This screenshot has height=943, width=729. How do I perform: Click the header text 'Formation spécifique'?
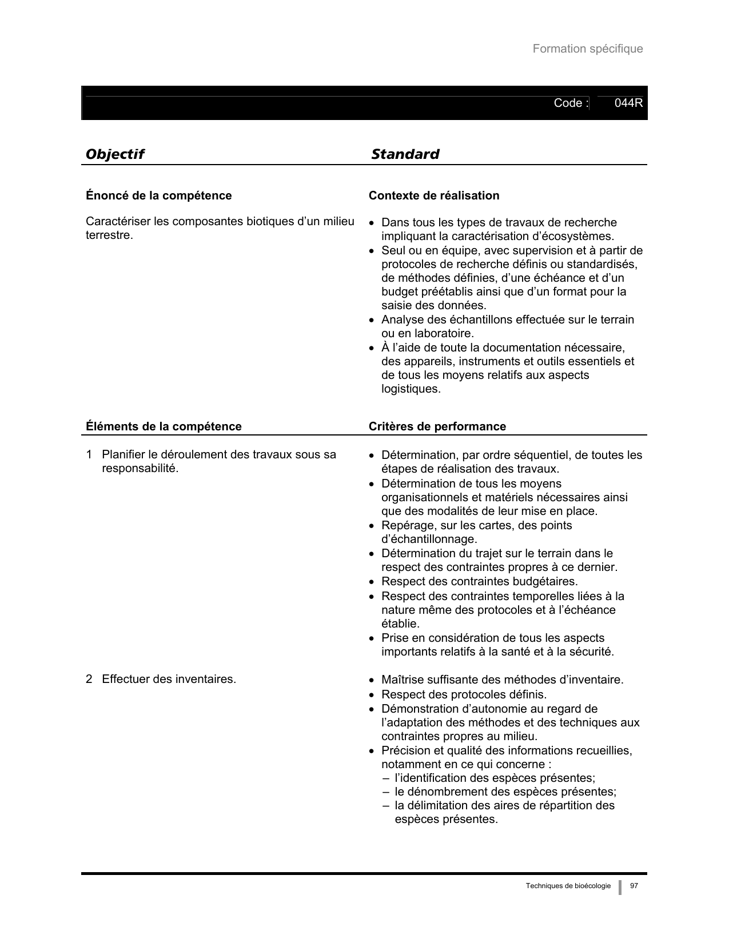(x=587, y=49)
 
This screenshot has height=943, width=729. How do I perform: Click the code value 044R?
(x=628, y=103)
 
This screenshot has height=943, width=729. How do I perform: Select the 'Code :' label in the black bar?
(x=571, y=103)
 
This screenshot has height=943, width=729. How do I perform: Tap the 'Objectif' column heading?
(x=114, y=154)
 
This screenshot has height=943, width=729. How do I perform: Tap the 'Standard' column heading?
(x=405, y=154)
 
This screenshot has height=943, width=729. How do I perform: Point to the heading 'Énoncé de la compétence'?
(x=158, y=196)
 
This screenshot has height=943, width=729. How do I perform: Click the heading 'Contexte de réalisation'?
(x=433, y=196)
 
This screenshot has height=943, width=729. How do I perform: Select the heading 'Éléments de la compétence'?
(x=164, y=426)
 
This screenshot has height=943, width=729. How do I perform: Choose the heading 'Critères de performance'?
(x=437, y=426)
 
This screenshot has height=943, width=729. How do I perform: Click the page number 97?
(x=634, y=886)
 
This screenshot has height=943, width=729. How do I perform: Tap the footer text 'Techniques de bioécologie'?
(x=568, y=886)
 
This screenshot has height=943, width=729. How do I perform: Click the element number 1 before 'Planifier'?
(x=89, y=455)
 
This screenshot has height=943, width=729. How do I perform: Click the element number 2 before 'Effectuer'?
(x=89, y=680)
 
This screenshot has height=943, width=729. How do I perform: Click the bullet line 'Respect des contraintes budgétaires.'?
(x=479, y=582)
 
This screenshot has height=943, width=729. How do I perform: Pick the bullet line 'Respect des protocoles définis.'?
(x=464, y=694)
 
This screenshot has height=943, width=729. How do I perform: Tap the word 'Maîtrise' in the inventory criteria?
(x=404, y=680)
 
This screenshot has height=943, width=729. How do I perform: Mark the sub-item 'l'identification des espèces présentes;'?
(x=495, y=778)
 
